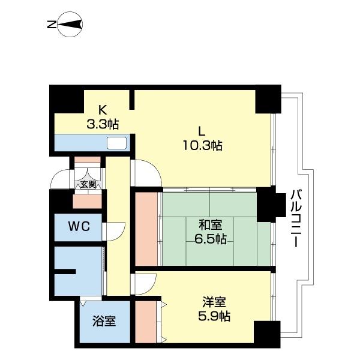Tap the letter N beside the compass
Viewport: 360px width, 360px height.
point(52,25)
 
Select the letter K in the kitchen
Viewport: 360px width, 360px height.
point(102,110)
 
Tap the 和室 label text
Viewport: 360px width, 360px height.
point(211,225)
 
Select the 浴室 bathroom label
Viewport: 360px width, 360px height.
point(104,321)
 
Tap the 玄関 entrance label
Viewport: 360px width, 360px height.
point(88,184)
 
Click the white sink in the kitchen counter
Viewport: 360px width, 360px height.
point(117,143)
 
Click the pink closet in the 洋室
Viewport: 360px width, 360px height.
point(146,322)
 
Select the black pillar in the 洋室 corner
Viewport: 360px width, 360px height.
point(267,334)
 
